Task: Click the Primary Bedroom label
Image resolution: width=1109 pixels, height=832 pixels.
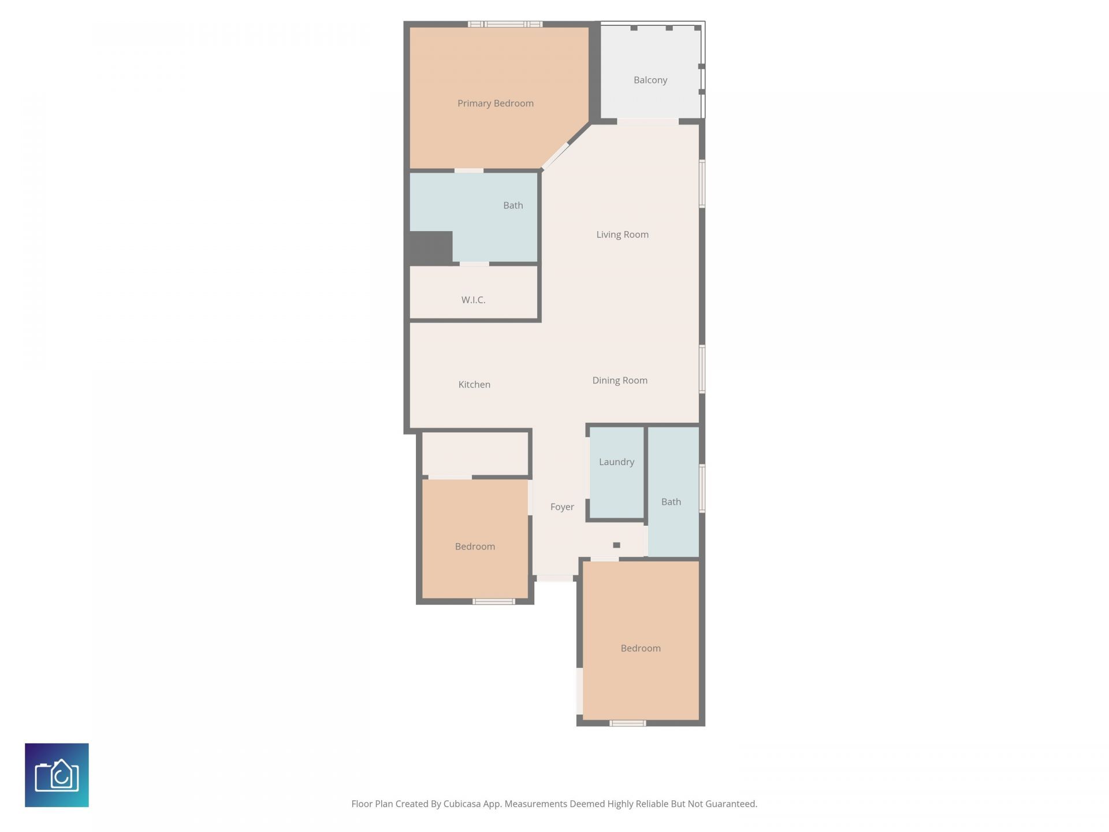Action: pyautogui.click(x=495, y=103)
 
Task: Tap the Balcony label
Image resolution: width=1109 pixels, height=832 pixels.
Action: pyautogui.click(x=650, y=80)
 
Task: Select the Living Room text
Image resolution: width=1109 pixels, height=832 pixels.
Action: pyautogui.click(x=622, y=235)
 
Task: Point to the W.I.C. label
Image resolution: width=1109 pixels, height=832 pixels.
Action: pyautogui.click(x=473, y=300)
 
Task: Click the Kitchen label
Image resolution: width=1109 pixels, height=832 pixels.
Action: pyautogui.click(x=474, y=385)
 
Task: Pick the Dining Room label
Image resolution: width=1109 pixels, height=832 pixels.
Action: pyautogui.click(x=620, y=381)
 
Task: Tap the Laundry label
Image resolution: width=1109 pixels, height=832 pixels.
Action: pyautogui.click(x=616, y=462)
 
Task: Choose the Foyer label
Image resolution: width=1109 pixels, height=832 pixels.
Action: pyautogui.click(x=562, y=507)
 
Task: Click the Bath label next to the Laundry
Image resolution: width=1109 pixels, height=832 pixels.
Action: pyautogui.click(x=671, y=502)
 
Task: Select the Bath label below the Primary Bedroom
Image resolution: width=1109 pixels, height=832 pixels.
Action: pyautogui.click(x=513, y=206)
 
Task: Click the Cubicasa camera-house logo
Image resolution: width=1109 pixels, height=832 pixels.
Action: pyautogui.click(x=57, y=775)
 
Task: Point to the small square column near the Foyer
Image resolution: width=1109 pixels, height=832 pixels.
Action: pyautogui.click(x=616, y=545)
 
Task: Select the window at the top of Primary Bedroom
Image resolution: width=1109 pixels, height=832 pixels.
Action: pyautogui.click(x=505, y=24)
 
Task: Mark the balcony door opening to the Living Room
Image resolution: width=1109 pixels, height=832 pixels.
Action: pyautogui.click(x=647, y=122)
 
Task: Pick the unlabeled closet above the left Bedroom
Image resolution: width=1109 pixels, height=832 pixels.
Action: pyautogui.click(x=475, y=454)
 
